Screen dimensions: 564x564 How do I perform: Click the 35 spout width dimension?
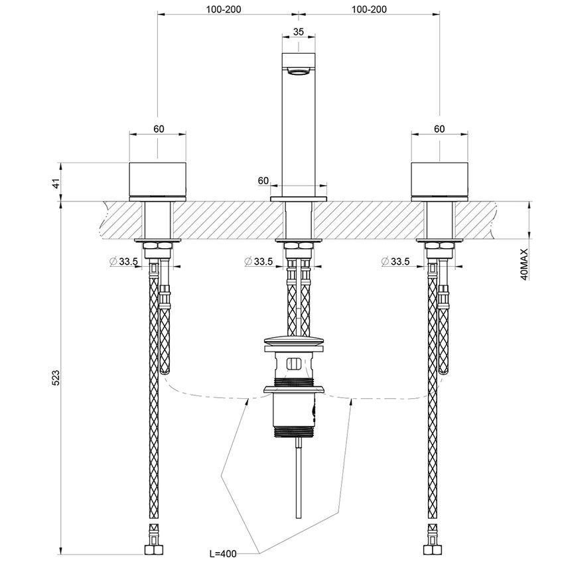click(x=298, y=31)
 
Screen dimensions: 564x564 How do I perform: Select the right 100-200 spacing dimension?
click(x=369, y=9)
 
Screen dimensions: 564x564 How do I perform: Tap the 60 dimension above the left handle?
click(x=159, y=129)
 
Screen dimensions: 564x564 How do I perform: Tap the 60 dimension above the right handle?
click(x=439, y=129)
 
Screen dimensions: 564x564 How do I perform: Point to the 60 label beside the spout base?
click(x=263, y=180)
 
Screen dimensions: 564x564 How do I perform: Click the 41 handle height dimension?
click(x=56, y=183)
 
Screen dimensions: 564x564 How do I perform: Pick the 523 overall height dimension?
click(x=56, y=377)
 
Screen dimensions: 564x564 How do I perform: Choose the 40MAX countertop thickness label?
click(x=524, y=264)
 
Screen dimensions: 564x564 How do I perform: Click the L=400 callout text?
click(x=223, y=553)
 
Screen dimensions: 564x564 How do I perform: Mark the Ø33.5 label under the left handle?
click(x=125, y=261)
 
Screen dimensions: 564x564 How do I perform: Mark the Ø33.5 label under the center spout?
click(x=258, y=261)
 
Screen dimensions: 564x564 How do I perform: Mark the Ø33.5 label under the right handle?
click(x=395, y=261)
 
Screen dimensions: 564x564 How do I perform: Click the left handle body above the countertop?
click(x=158, y=180)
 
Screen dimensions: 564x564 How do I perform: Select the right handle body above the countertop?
click(x=439, y=180)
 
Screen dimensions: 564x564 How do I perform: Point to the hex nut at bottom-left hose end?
click(x=153, y=549)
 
